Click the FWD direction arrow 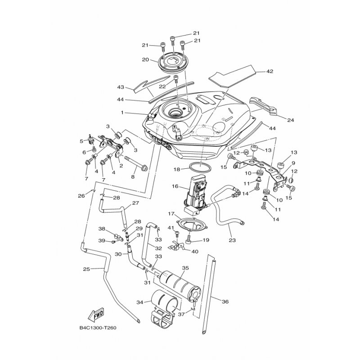coord(97,314)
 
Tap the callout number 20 coord(145,59)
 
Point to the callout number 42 coord(270,71)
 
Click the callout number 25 coord(87,269)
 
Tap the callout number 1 coord(121,112)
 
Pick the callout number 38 coord(102,229)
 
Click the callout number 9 coord(293,163)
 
